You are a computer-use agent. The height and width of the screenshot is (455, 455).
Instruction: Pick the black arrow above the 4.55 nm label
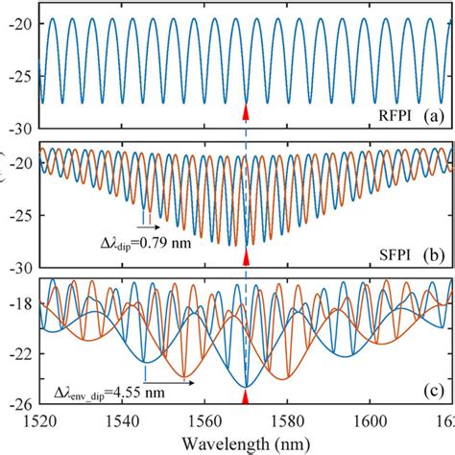point(170,382)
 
